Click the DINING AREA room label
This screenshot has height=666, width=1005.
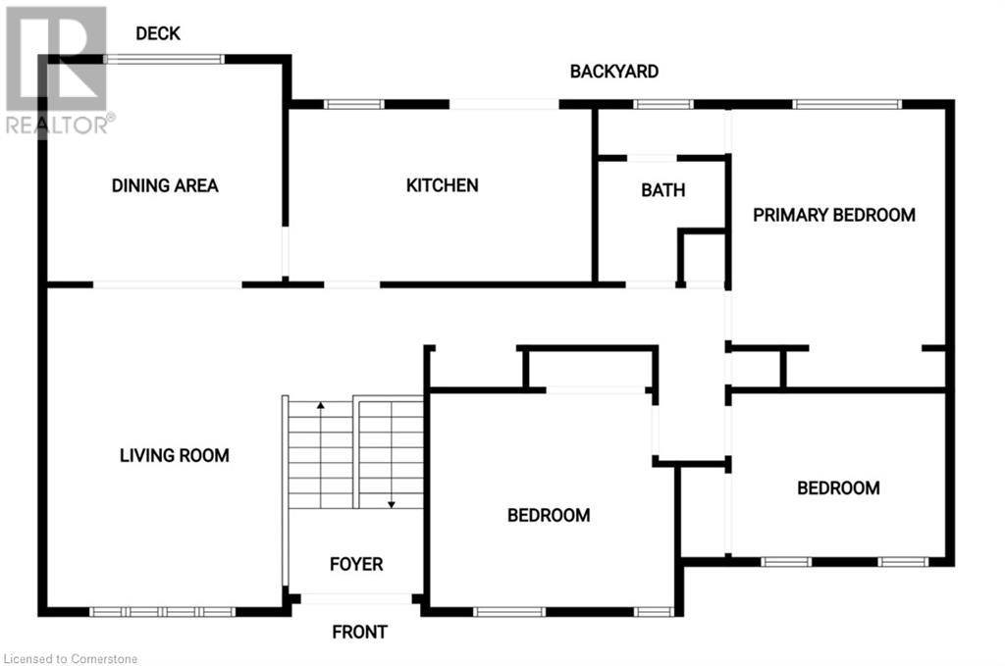(165, 185)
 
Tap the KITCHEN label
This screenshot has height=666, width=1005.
(443, 184)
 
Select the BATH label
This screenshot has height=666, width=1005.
(663, 190)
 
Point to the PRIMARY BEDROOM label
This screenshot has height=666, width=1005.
(834, 215)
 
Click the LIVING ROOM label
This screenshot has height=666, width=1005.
(175, 455)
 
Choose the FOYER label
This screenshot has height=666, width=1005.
(356, 564)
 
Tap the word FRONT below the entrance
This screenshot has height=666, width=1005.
(359, 632)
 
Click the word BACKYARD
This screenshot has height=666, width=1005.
(614, 72)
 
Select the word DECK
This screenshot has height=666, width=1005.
(158, 33)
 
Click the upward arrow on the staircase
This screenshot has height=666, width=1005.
(320, 405)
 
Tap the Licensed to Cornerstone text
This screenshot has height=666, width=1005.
(71, 658)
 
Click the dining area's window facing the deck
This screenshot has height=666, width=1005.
(165, 59)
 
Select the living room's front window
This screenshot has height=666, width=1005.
(163, 612)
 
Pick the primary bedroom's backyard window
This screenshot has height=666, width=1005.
(847, 104)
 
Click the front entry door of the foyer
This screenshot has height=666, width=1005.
(356, 598)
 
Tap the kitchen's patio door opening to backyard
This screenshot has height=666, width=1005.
(504, 104)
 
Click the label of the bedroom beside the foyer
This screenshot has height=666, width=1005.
(549, 515)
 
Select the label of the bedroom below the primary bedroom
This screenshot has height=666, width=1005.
(838, 487)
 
